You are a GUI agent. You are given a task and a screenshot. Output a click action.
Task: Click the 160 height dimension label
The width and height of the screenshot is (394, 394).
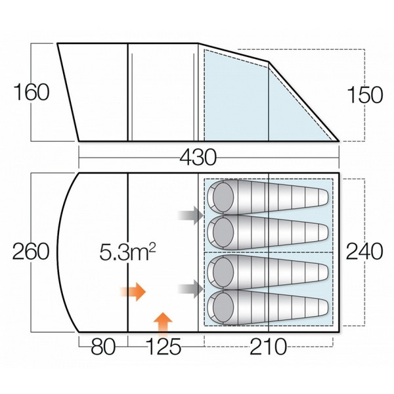(x=32, y=92)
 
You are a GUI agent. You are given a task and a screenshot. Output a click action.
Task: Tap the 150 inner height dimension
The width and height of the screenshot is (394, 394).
(x=364, y=95)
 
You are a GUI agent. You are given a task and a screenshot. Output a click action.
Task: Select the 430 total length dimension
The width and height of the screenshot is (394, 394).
(x=198, y=157)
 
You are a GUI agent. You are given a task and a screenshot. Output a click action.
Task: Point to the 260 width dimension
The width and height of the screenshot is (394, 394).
(x=31, y=252)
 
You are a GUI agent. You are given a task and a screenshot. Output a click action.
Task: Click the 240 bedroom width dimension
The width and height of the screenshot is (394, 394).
(x=364, y=252)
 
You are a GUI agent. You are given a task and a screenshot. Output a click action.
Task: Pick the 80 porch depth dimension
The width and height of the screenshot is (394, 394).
(x=103, y=347)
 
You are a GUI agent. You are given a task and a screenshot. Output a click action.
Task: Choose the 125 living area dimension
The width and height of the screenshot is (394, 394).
(x=164, y=347)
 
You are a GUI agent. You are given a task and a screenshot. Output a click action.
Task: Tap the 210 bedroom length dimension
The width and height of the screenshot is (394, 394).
(x=268, y=347)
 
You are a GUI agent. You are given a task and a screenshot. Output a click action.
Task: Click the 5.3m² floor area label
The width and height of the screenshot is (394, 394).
(x=127, y=252)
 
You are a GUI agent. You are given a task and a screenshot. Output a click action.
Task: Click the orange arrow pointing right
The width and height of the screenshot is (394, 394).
(x=133, y=292)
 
